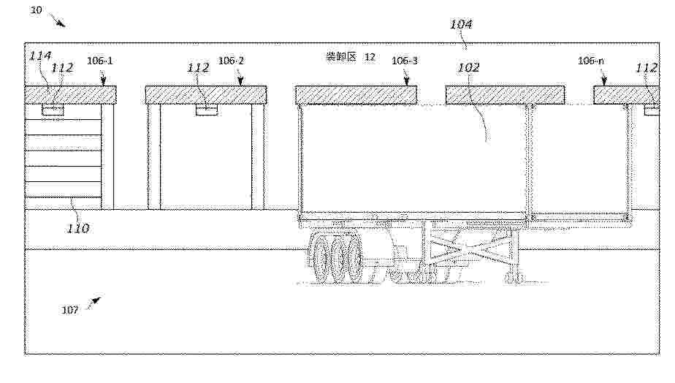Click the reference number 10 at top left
point(36,10)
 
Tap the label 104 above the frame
point(461,24)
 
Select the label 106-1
point(100,61)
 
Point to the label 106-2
point(231,61)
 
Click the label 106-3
point(405,61)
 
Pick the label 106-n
point(590,61)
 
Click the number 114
point(40,56)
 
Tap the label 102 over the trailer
point(468,67)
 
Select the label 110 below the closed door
point(78,228)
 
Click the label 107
point(69,310)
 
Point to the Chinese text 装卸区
point(341,56)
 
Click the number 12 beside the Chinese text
point(370,57)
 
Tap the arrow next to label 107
point(94,303)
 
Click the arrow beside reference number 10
point(57,20)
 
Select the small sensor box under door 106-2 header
point(207,110)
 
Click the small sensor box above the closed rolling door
point(53,110)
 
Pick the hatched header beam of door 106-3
point(356,95)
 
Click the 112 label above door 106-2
point(198,68)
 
